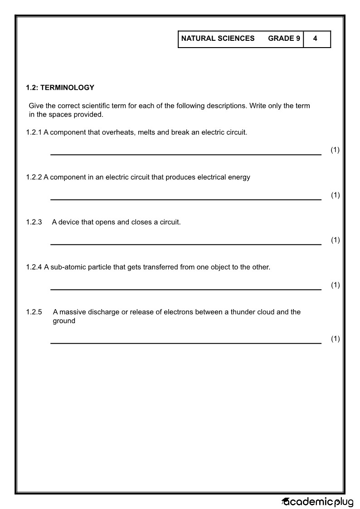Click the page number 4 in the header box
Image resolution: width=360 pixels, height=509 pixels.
(x=315, y=39)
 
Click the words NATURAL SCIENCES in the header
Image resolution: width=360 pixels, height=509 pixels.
(x=218, y=39)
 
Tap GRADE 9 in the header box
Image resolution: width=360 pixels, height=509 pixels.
(x=284, y=39)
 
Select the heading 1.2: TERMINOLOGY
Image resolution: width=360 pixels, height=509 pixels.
(x=60, y=88)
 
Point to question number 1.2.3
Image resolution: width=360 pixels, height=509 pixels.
(x=34, y=222)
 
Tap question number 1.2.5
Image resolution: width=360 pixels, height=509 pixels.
(x=34, y=312)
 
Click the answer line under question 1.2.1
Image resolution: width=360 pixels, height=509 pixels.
(x=185, y=154)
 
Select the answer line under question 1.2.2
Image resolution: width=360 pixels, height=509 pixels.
(x=185, y=199)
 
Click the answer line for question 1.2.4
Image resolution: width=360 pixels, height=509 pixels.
(x=185, y=289)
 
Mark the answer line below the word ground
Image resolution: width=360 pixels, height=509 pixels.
(x=185, y=343)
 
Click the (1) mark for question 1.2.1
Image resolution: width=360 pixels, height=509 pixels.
(x=335, y=150)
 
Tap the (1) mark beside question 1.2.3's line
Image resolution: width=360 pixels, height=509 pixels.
(x=335, y=240)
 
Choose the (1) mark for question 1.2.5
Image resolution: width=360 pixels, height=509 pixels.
(x=335, y=339)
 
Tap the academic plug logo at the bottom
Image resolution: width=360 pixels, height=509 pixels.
(x=318, y=501)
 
